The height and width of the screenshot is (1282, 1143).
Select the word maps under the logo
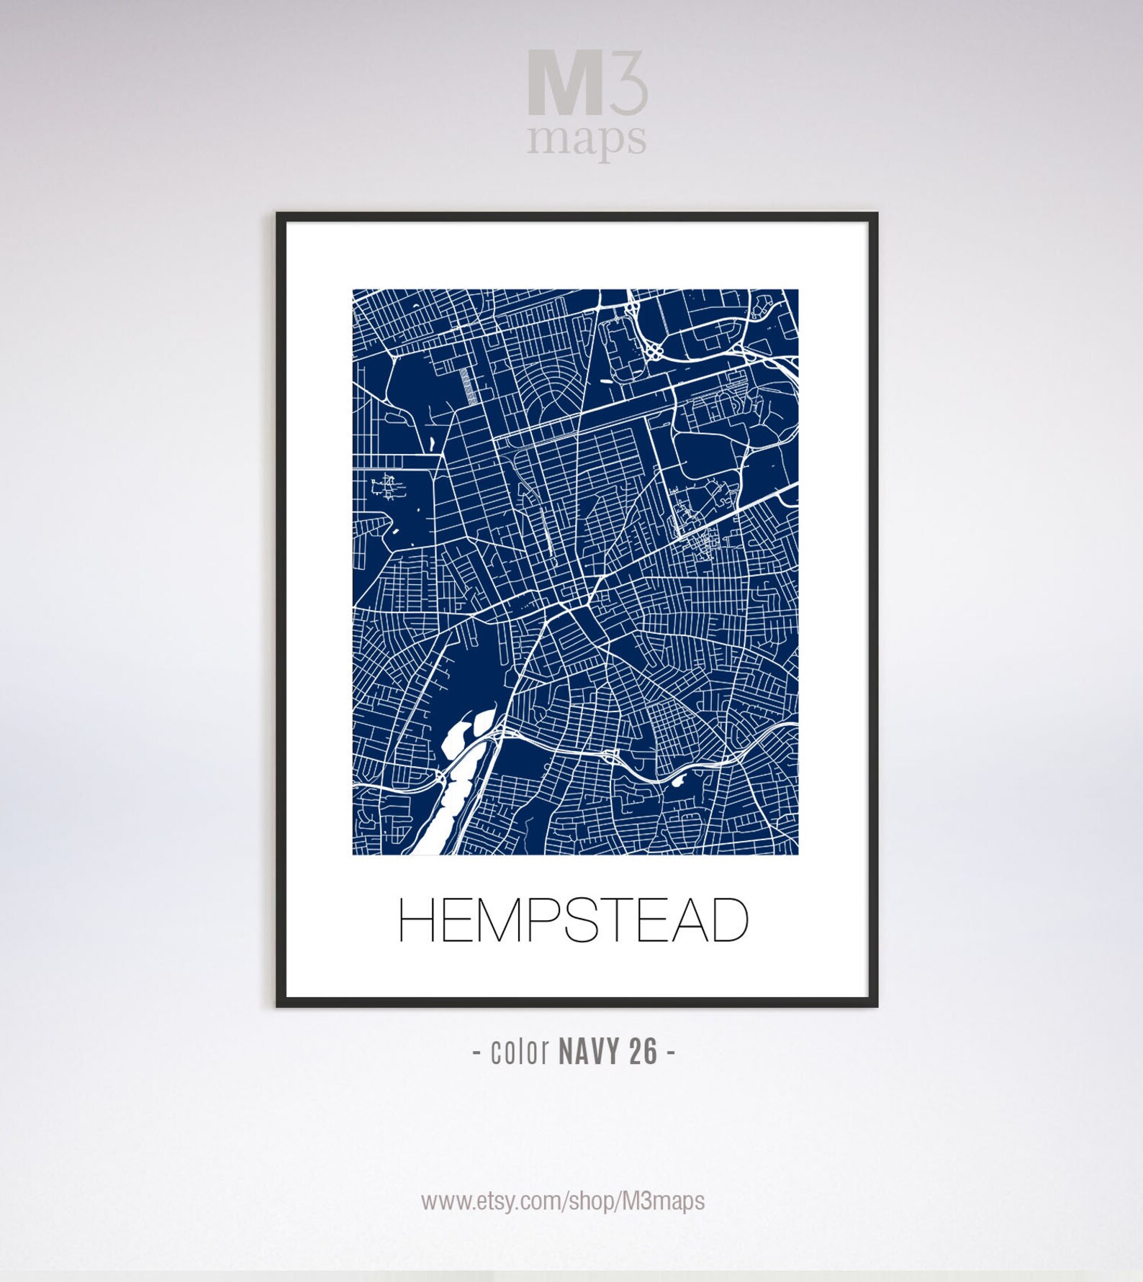(x=586, y=140)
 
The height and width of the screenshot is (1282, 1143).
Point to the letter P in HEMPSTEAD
(x=549, y=920)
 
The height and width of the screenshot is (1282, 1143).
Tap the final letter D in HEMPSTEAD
(x=728, y=920)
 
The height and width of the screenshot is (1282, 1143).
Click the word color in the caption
(x=520, y=1053)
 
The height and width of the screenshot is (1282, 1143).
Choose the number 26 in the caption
(x=643, y=1053)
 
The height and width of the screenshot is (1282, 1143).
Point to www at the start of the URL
(x=439, y=1201)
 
